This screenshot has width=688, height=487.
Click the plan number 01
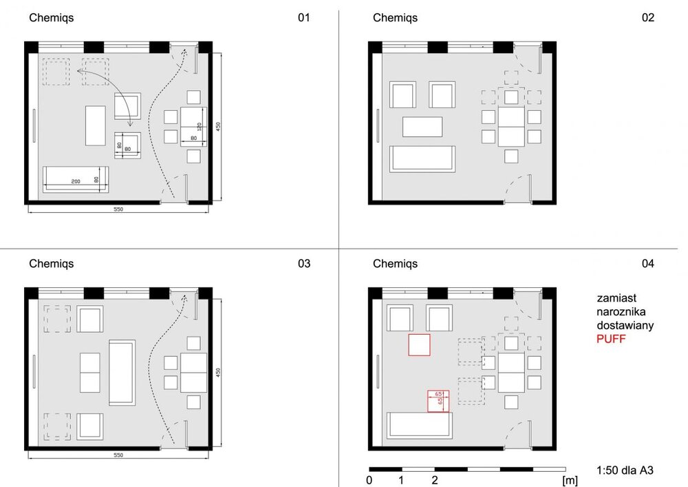(303, 18)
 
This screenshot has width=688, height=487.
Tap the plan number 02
(647, 18)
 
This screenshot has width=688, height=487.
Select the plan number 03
(303, 264)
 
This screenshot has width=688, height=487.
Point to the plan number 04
(647, 264)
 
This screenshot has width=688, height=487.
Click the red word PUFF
(611, 339)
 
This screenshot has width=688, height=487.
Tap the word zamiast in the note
(616, 298)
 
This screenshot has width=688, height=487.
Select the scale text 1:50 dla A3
(625, 470)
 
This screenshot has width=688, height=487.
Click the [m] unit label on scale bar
(570, 481)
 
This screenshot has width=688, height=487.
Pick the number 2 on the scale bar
(434, 480)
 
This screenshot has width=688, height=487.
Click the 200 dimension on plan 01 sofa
(76, 181)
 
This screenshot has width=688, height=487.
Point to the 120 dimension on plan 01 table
(200, 127)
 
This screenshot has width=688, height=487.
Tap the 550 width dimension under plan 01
(118, 209)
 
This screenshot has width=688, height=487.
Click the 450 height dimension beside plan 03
(218, 373)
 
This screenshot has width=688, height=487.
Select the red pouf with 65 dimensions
(438, 402)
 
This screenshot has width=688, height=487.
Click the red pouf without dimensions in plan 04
(419, 344)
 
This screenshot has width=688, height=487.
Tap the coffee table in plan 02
(422, 127)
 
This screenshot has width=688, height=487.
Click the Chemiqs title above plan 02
(395, 18)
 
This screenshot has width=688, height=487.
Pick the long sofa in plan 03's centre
(122, 373)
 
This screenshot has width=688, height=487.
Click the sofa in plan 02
(422, 159)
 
